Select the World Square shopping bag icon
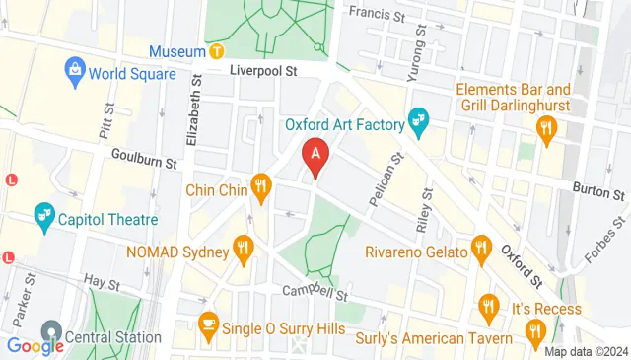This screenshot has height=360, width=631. point(74,70)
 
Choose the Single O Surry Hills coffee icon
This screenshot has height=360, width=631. point(208,322)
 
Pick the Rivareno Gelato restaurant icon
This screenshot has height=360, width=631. point(481,248)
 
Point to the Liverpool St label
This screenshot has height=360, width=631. point(263,72)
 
